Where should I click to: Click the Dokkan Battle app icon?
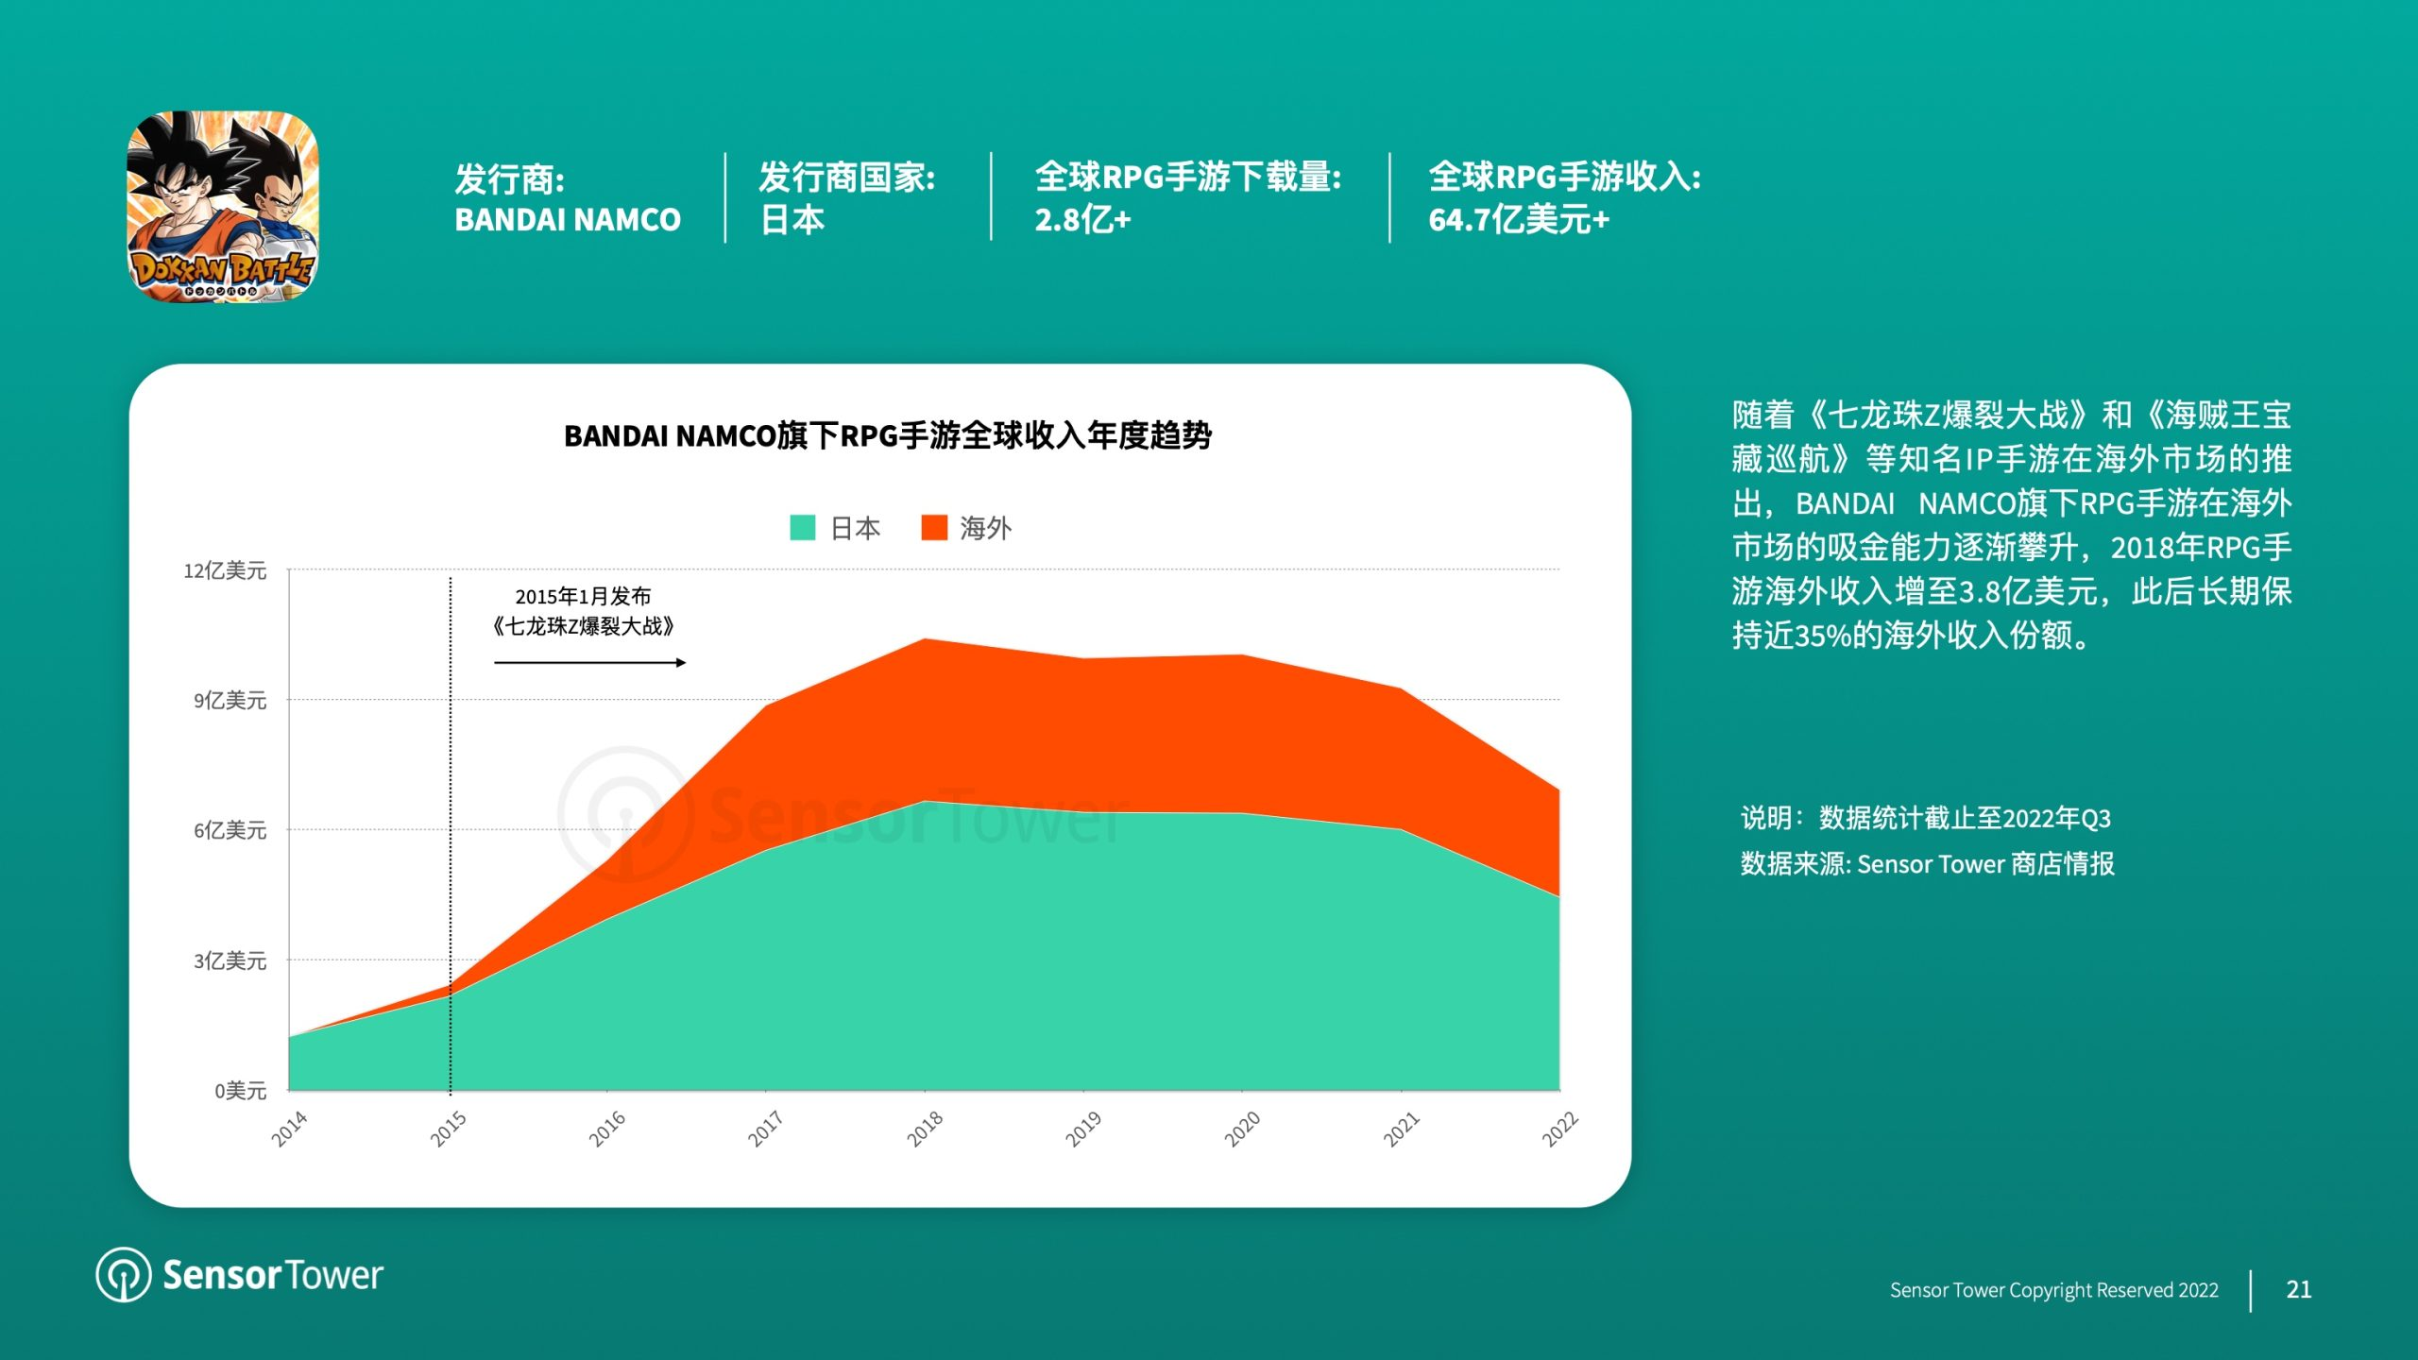[223, 207]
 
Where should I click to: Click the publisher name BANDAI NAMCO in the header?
[568, 220]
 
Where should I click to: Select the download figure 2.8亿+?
[1082, 220]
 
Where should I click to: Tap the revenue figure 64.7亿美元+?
[1519, 220]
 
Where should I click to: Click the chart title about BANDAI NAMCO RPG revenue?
[888, 435]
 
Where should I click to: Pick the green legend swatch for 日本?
[803, 527]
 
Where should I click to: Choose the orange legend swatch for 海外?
[934, 527]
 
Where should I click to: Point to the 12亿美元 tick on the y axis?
[225, 570]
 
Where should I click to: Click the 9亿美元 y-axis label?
[230, 700]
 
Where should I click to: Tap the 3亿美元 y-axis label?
[230, 960]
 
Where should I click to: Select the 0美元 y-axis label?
[241, 1091]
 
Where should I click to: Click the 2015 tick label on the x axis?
[449, 1129]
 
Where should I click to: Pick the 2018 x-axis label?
[925, 1129]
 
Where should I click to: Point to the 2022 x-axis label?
[1559, 1129]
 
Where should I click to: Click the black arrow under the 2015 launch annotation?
[590, 663]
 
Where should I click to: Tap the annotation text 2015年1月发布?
[583, 596]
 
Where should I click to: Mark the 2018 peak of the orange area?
[925, 639]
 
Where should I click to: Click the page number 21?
[2299, 1289]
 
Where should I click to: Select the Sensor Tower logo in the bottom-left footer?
[240, 1275]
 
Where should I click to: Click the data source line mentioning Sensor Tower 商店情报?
[1927, 864]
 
